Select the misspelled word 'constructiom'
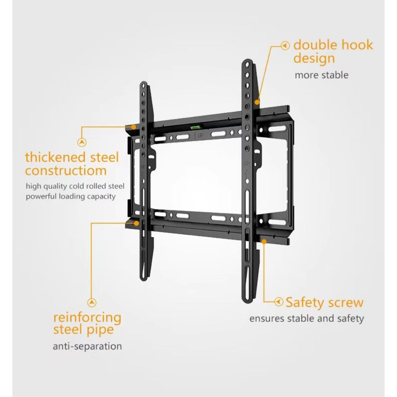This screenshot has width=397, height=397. [66, 171]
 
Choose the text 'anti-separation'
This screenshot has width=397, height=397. [87, 346]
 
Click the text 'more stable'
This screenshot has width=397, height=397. [321, 75]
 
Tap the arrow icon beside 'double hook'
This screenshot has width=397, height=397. [285, 46]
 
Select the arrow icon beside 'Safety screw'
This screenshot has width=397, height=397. [279, 302]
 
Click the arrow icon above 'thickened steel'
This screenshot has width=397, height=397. [82, 142]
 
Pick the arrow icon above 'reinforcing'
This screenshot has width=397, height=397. [91, 302]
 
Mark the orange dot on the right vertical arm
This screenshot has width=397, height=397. [257, 102]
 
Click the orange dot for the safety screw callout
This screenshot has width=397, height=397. [264, 241]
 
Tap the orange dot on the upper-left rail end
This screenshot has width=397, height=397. [134, 127]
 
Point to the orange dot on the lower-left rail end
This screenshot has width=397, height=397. [136, 223]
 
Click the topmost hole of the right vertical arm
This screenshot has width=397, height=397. [247, 63]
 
